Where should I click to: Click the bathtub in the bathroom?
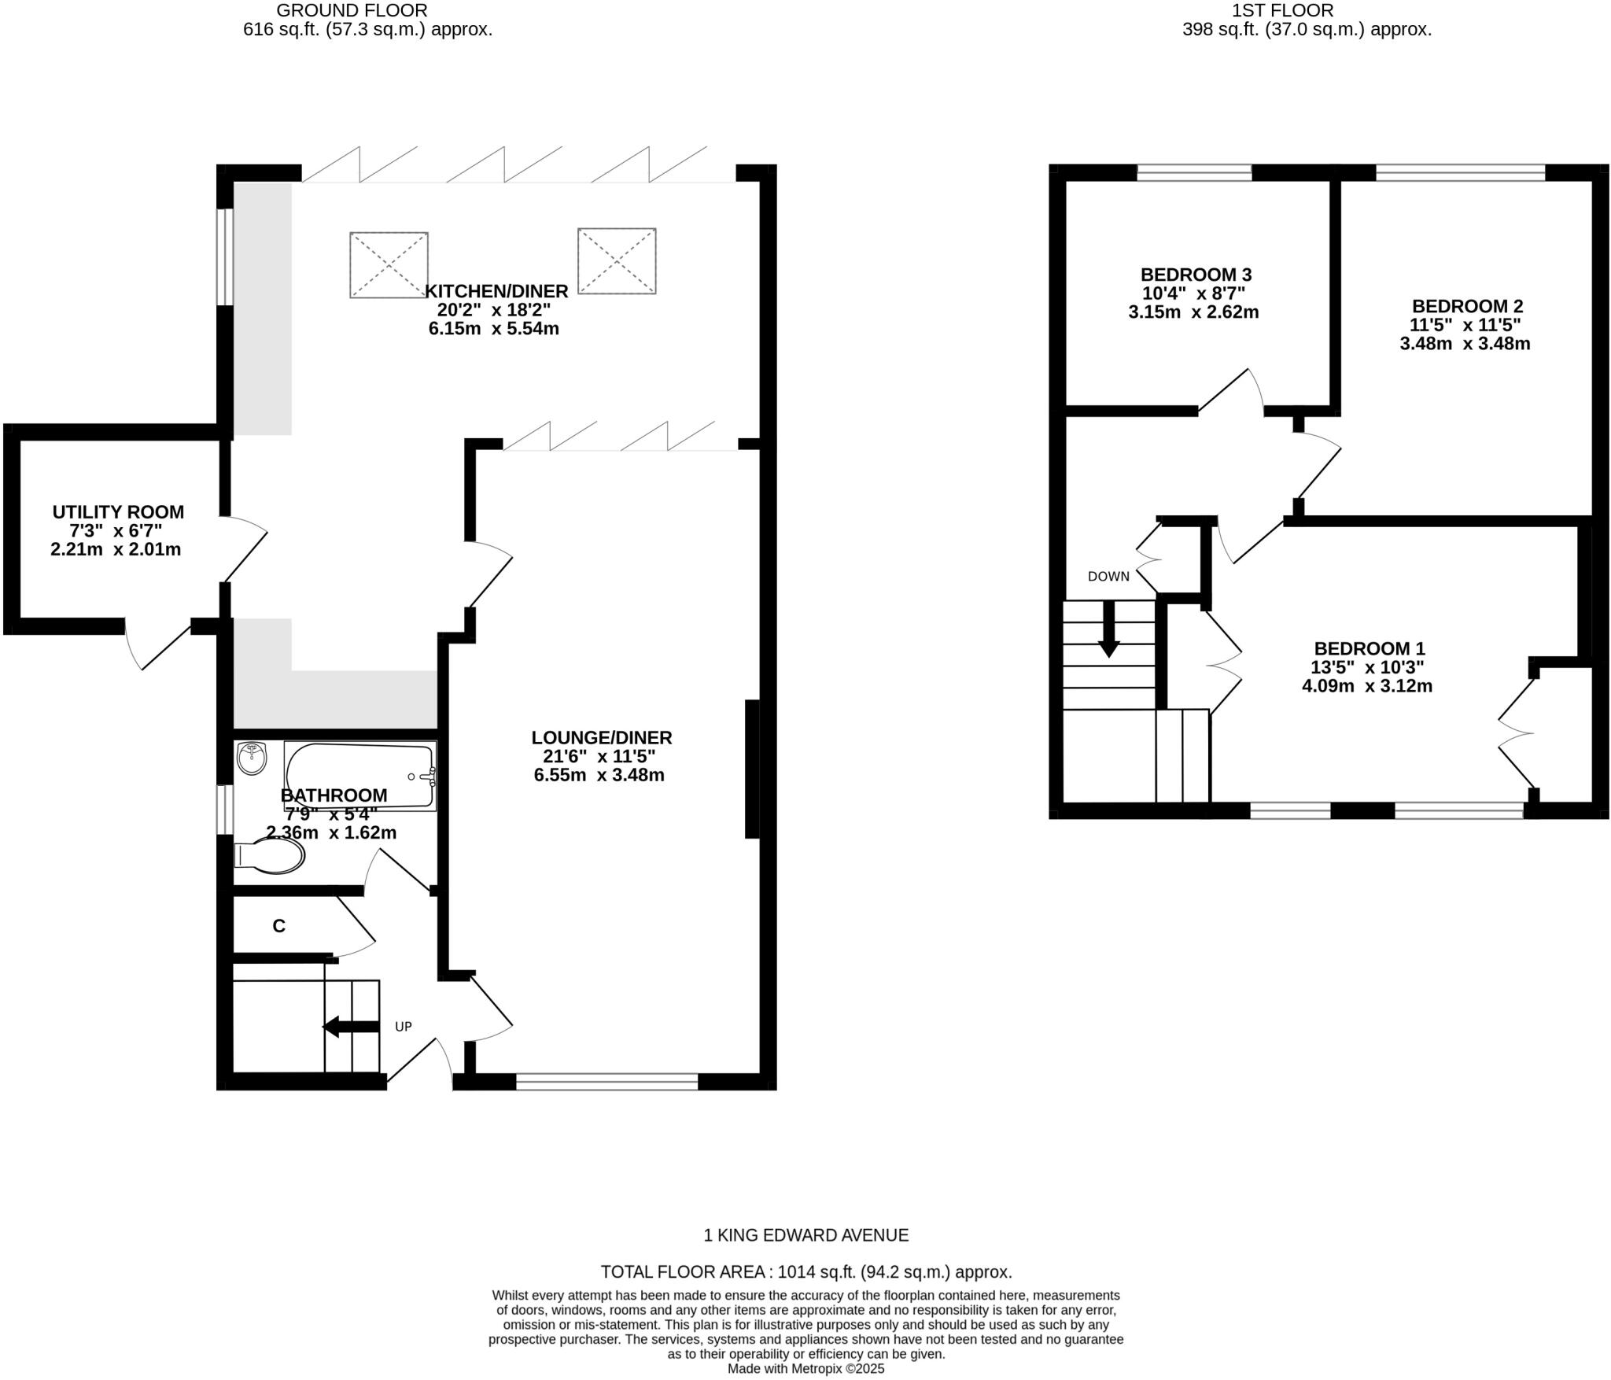(359, 775)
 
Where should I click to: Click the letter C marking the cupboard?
(278, 926)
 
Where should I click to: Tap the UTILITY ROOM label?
(118, 512)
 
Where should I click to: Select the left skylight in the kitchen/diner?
(389, 264)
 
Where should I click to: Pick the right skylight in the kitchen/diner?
(617, 260)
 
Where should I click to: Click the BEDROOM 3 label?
(1196, 275)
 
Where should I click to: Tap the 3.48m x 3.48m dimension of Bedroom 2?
(1465, 344)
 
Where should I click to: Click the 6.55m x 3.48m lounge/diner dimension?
(599, 775)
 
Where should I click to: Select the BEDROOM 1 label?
(1370, 649)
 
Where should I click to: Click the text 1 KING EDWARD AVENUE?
(805, 1235)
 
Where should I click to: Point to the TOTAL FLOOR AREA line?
(805, 1271)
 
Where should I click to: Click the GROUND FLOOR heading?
(352, 11)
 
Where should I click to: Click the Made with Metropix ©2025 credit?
(805, 1369)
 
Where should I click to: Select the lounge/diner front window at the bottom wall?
(606, 1082)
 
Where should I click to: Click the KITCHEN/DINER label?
(496, 291)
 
